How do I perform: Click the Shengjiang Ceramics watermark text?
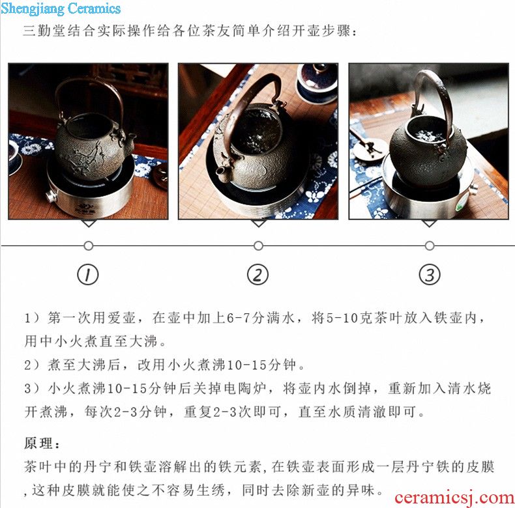[x=61, y=8]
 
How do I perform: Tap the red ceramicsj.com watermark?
[x=454, y=498]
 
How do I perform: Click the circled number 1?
[x=88, y=274]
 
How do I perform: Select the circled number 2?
[x=258, y=274]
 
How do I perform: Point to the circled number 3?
[x=430, y=274]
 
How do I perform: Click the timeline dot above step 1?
[x=89, y=246]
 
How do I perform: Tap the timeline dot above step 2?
[x=259, y=246]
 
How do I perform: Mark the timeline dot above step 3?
[x=430, y=246]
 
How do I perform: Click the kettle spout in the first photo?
[x=130, y=139]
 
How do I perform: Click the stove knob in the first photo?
[x=51, y=197]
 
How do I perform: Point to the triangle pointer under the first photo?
[x=89, y=223]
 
